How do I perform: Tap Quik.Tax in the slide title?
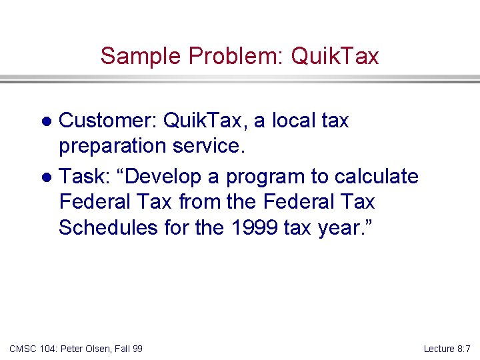point(335,56)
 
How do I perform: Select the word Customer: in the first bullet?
point(107,121)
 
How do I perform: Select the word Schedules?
point(105,227)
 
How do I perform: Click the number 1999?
point(254,227)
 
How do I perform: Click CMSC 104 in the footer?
point(31,349)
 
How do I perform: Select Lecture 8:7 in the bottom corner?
point(447,349)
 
